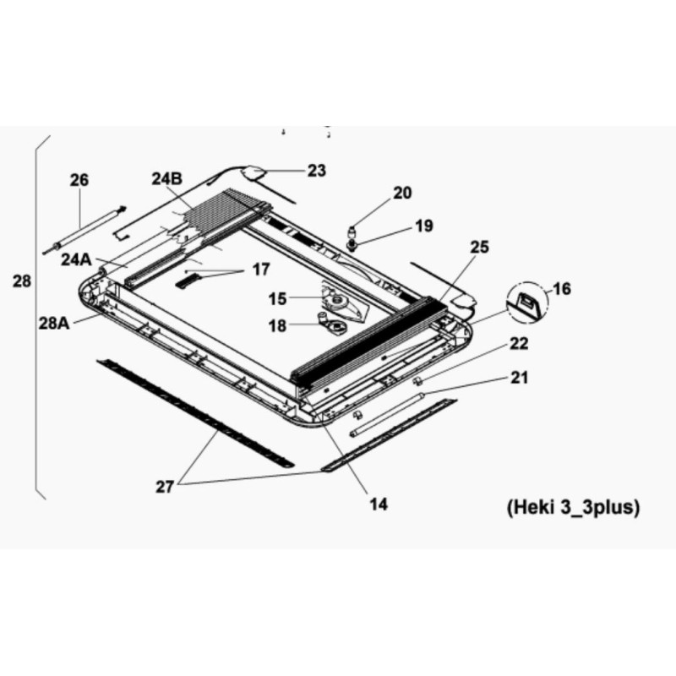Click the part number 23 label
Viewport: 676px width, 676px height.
pos(316,171)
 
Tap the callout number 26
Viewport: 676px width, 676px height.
pos(79,180)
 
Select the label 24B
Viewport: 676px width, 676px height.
pos(166,179)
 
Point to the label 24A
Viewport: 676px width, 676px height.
pos(76,259)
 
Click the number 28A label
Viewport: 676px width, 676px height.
pos(54,323)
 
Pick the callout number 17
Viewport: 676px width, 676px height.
pos(261,270)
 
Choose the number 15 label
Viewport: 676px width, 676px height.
pos(277,299)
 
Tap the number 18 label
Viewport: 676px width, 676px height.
pos(277,326)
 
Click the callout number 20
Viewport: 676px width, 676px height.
pos(402,193)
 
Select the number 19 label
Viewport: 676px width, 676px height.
pos(424,226)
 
